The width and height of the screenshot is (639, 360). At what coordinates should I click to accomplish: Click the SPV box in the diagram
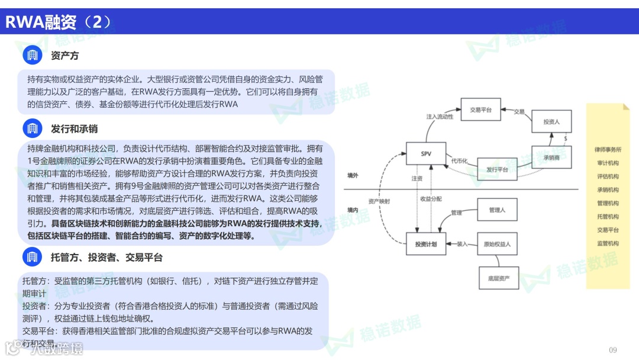tap(426, 154)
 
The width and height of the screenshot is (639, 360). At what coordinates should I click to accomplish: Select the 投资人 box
tap(551, 121)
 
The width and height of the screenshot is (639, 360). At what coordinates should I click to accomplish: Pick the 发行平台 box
tap(497, 169)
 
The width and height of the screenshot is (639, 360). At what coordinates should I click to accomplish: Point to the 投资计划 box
tap(426, 244)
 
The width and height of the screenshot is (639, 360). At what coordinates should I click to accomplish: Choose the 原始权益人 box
tap(496, 244)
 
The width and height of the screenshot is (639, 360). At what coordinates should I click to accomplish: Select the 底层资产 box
tap(499, 278)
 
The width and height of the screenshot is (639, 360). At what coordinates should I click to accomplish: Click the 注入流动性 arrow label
tap(440, 117)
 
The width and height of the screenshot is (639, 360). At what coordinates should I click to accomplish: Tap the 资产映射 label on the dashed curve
tap(379, 201)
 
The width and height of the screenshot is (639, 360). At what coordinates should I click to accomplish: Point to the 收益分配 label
tap(431, 198)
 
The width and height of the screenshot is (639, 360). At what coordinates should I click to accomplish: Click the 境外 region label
tap(353, 175)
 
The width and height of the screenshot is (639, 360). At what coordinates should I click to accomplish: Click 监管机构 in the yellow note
tap(608, 243)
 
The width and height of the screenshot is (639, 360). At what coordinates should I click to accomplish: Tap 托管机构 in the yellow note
tap(608, 216)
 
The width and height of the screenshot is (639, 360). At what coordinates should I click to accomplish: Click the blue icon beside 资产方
tap(33, 56)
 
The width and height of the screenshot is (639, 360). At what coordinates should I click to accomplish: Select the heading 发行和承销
tap(74, 128)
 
